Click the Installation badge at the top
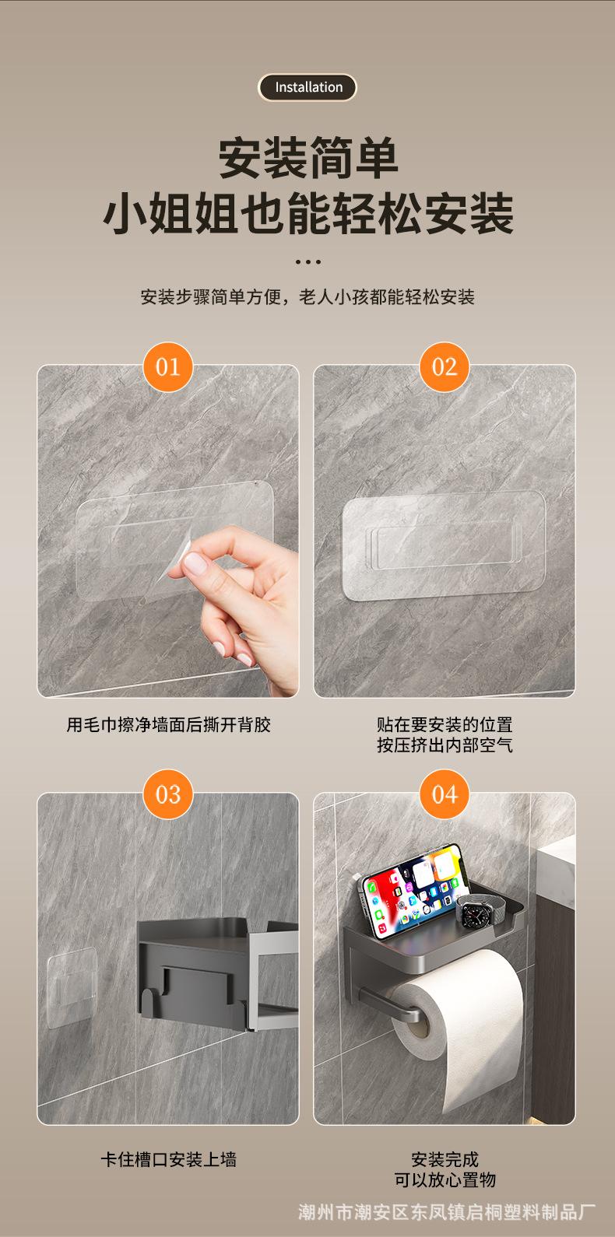307,87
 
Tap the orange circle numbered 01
167,367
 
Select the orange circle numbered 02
445,367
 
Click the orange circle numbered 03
167,794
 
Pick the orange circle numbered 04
445,794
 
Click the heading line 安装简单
307,159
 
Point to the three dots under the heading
307,261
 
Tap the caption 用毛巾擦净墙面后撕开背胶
168,724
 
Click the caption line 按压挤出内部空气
445,745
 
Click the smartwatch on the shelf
475,914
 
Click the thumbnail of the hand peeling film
168,531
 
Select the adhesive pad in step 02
444,545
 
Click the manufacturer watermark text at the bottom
447,1212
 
